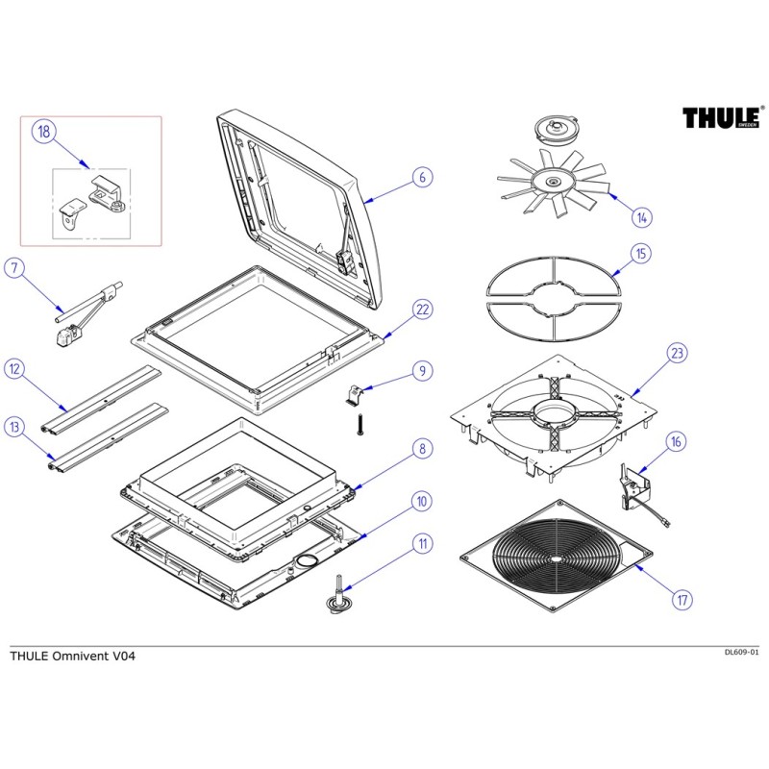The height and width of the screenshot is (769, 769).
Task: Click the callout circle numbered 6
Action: [x=420, y=177]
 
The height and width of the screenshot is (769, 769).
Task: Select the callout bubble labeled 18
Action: [x=43, y=133]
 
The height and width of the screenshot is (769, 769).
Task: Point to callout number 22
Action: [x=421, y=309]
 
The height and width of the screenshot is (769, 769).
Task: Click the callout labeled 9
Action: [x=420, y=370]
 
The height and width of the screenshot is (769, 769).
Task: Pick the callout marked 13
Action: [x=13, y=425]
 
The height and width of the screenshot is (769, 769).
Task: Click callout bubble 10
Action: [x=420, y=501]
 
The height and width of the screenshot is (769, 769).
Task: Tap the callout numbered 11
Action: [x=420, y=544]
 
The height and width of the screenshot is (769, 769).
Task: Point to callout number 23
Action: [x=678, y=354]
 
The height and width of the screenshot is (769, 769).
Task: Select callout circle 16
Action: [x=678, y=442]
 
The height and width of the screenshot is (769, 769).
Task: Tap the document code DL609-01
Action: [x=741, y=652]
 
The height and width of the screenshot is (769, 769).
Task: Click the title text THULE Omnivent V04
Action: [x=67, y=657]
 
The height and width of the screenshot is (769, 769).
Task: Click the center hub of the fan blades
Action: [x=556, y=182]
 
